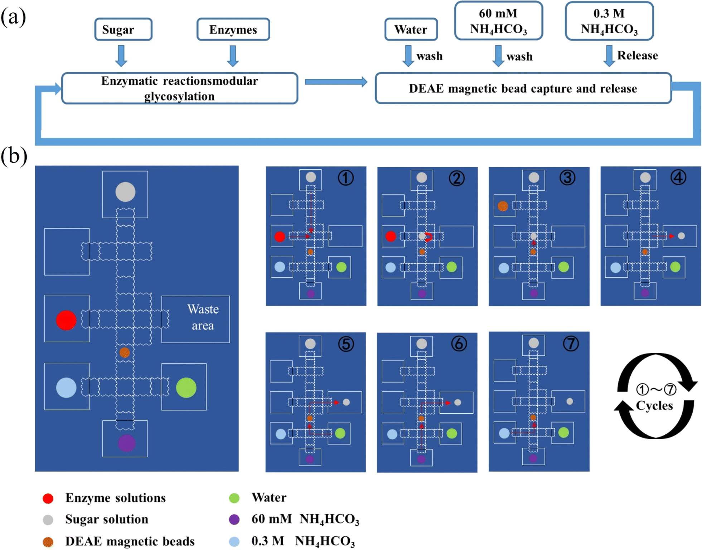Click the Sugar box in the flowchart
(x=123, y=29)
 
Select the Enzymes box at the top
(x=233, y=29)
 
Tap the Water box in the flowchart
(x=411, y=29)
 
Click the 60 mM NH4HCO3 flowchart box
(x=499, y=21)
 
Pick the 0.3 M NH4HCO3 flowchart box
(x=609, y=21)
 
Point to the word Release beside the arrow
(x=638, y=55)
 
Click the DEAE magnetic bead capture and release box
(x=523, y=88)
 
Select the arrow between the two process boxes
(x=336, y=82)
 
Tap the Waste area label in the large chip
(x=203, y=317)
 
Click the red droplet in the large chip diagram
(x=66, y=320)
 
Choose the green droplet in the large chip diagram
(x=186, y=388)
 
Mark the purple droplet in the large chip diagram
(x=126, y=443)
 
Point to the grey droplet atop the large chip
(x=125, y=192)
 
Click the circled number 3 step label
(x=568, y=177)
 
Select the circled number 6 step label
(x=459, y=344)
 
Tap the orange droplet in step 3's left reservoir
(x=503, y=206)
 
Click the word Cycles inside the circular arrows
(x=654, y=405)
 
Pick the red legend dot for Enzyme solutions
(x=48, y=498)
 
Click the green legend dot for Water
(x=234, y=498)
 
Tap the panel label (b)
(x=14, y=156)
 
